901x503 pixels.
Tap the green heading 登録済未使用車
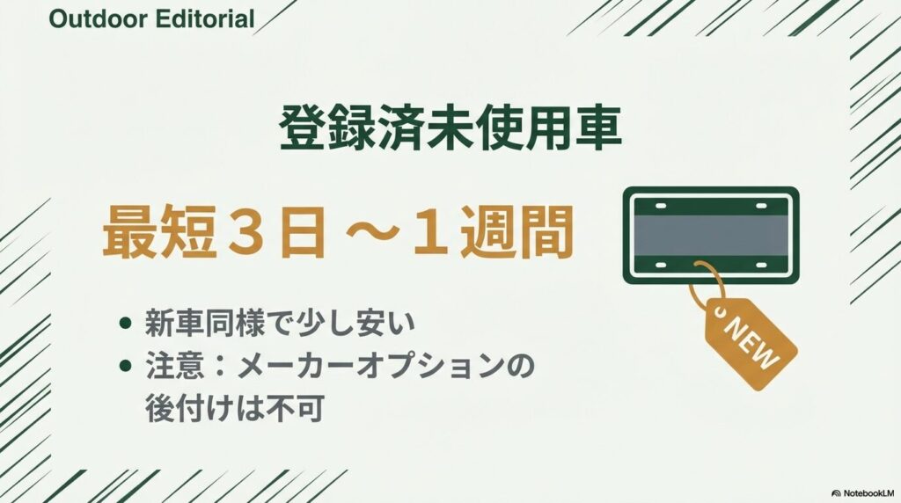[x=450, y=131]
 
